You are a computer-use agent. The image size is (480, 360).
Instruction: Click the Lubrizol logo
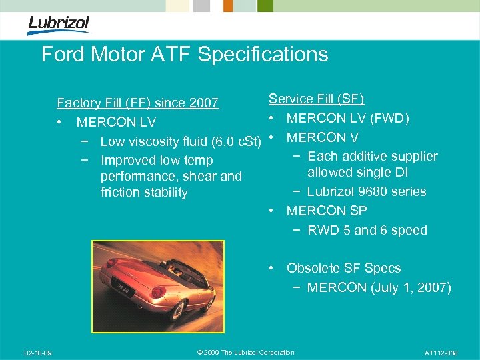click(58, 25)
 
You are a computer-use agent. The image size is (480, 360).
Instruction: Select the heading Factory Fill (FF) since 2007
click(137, 103)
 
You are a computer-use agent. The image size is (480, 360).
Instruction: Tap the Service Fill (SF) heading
click(316, 99)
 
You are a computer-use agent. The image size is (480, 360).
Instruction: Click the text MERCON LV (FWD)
click(347, 118)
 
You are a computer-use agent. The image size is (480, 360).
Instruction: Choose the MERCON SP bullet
click(327, 211)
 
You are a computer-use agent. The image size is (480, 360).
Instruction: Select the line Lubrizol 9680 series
click(367, 192)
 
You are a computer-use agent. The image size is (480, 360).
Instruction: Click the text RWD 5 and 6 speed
click(367, 231)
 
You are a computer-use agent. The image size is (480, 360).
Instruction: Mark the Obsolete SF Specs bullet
click(343, 268)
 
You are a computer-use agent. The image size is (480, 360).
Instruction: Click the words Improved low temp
click(157, 160)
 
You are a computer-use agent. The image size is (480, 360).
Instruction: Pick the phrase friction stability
click(144, 193)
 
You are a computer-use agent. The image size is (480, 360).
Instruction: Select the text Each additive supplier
click(373, 157)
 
